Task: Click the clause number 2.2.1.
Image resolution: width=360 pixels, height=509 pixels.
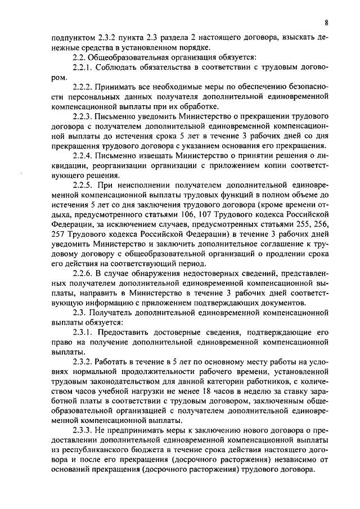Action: pos(83,67)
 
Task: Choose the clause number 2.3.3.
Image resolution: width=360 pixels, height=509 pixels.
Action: pos(83,430)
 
